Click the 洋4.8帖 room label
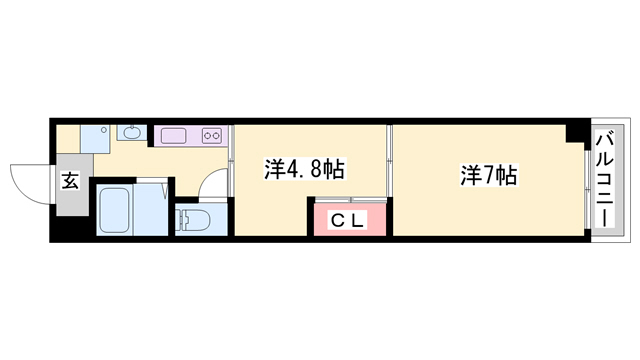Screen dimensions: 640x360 [304, 169]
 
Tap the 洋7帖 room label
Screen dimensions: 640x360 [488, 176]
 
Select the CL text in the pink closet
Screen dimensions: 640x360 [347, 218]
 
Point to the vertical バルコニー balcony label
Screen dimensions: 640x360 [605, 179]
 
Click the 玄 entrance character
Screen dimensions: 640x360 [71, 181]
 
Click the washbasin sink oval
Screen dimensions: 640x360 [132, 132]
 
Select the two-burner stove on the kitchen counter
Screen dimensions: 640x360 [212, 135]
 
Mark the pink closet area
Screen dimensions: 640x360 [348, 218]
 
